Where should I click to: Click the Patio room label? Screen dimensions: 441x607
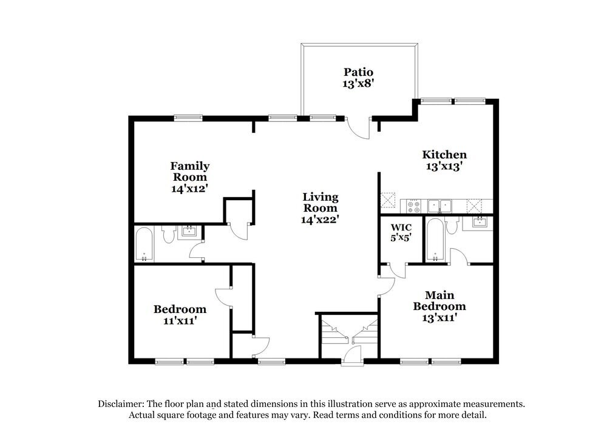point(358,72)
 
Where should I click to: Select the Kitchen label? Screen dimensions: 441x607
point(444,154)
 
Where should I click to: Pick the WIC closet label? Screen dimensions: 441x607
point(401,227)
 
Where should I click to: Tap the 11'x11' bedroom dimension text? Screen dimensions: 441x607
point(179,321)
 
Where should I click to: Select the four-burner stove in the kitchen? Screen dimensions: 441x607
point(414,206)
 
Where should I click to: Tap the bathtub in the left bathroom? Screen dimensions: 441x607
point(144,244)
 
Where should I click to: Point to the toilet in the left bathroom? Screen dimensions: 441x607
point(168,234)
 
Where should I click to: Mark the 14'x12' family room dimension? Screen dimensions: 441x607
point(189,188)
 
